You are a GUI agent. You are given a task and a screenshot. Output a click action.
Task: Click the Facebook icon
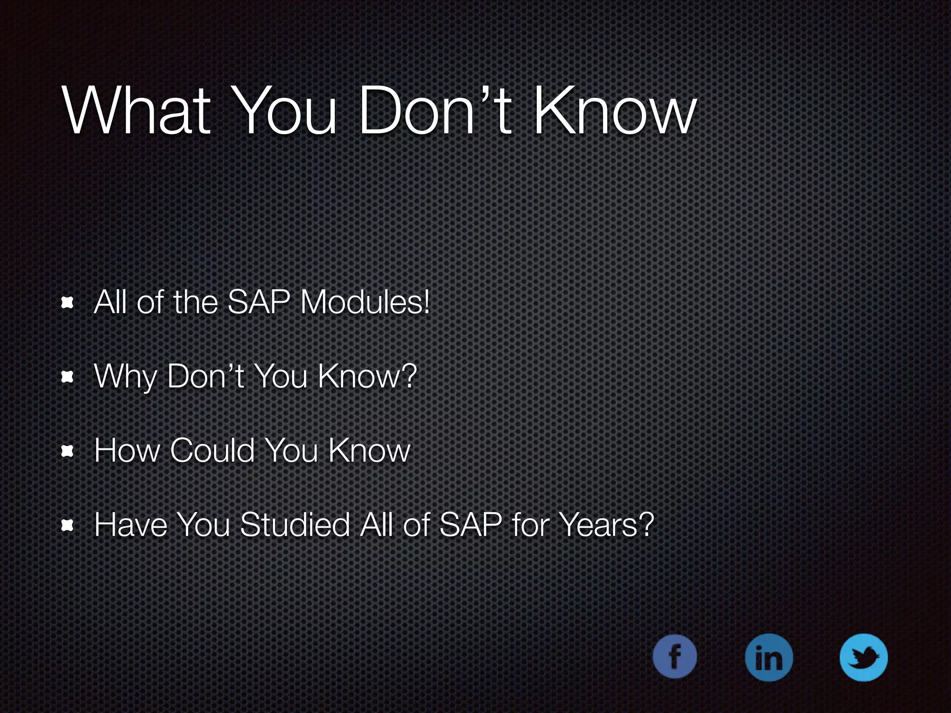click(674, 656)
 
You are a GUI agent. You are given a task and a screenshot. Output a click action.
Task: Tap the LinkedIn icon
click(769, 657)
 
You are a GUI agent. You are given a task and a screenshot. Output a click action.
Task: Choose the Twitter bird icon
click(864, 657)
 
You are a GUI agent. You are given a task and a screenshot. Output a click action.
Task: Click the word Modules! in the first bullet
click(365, 303)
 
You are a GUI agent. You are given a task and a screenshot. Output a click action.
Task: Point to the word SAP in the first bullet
click(259, 303)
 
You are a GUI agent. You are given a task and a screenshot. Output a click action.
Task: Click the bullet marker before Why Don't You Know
click(68, 377)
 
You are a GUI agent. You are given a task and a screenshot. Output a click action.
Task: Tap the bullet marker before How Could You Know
click(68, 451)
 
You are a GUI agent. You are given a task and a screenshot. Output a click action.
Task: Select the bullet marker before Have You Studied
click(68, 525)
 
